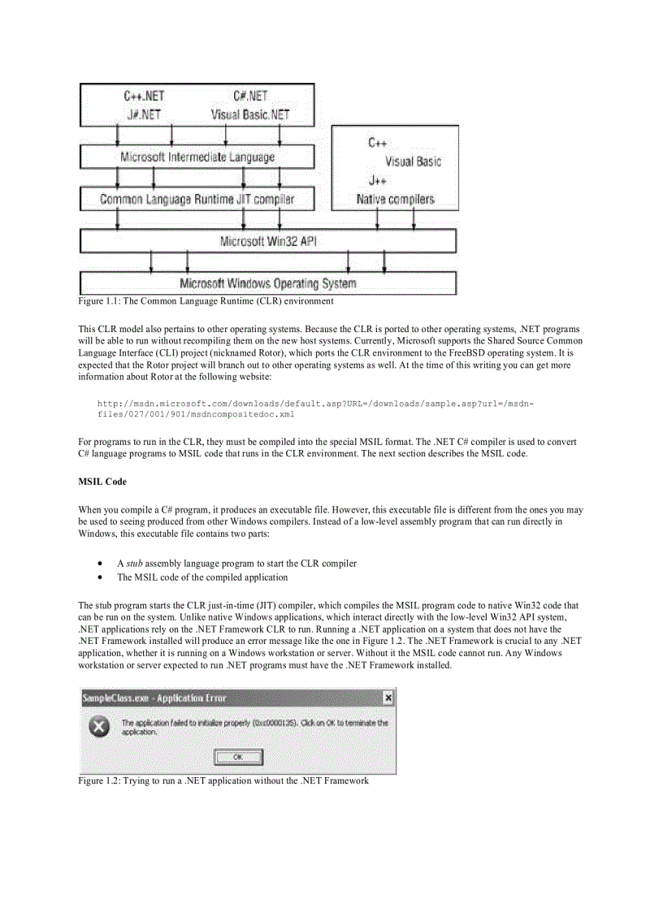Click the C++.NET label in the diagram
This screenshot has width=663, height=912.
(145, 97)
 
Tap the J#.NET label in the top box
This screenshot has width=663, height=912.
(144, 115)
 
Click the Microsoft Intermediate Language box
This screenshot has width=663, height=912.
(197, 157)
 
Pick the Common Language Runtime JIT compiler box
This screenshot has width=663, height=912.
(197, 199)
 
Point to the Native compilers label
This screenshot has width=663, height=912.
(395, 199)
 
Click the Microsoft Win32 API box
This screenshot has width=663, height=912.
(268, 241)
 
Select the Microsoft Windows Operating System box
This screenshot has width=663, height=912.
(268, 283)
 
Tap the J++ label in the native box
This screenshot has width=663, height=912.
(376, 180)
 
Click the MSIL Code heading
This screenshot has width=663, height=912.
(102, 482)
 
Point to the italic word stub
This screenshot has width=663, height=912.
(134, 563)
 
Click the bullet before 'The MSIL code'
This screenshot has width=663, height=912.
(99, 577)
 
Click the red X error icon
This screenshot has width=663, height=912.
(98, 727)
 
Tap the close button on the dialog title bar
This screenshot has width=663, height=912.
(388, 698)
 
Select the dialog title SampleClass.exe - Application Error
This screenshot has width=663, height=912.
(154, 698)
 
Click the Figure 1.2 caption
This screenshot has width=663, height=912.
(223, 780)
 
